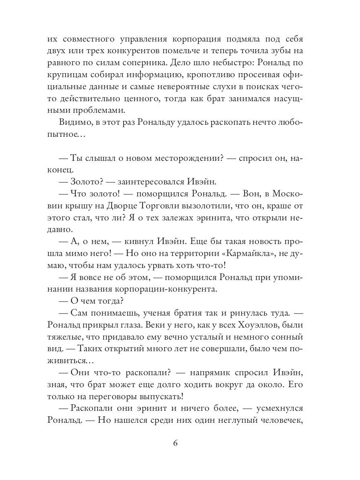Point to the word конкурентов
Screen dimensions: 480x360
(x=153, y=51)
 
